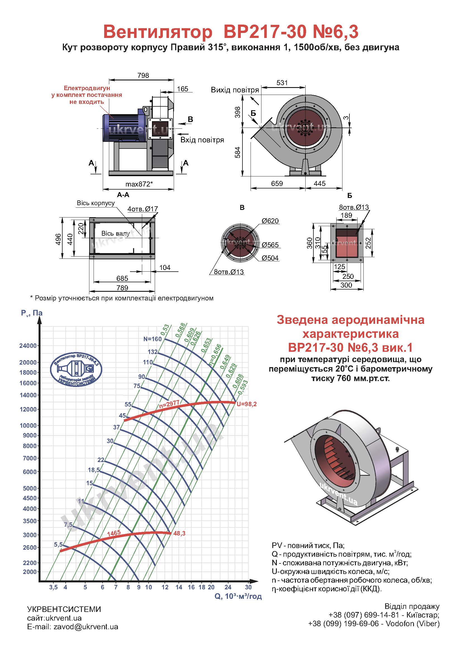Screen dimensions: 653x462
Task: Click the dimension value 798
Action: click(x=143, y=75)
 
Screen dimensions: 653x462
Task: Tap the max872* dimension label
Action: click(x=139, y=184)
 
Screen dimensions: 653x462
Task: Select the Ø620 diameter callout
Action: click(x=270, y=221)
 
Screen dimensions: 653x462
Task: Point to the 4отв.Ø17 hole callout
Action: click(x=142, y=209)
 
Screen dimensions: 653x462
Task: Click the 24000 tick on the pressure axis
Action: click(x=28, y=346)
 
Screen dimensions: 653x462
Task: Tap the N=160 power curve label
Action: click(x=153, y=339)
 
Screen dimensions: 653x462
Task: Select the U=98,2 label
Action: click(x=247, y=404)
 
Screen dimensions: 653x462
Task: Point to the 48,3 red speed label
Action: click(x=179, y=534)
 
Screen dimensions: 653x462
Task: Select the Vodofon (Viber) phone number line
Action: click(x=374, y=624)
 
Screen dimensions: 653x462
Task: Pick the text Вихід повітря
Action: click(x=235, y=90)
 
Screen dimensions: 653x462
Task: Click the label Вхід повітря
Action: click(x=202, y=140)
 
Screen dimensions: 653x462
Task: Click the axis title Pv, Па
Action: click(x=32, y=313)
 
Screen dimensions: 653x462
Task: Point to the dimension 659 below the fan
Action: click(x=277, y=183)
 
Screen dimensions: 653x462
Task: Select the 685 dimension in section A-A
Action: click(x=122, y=278)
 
